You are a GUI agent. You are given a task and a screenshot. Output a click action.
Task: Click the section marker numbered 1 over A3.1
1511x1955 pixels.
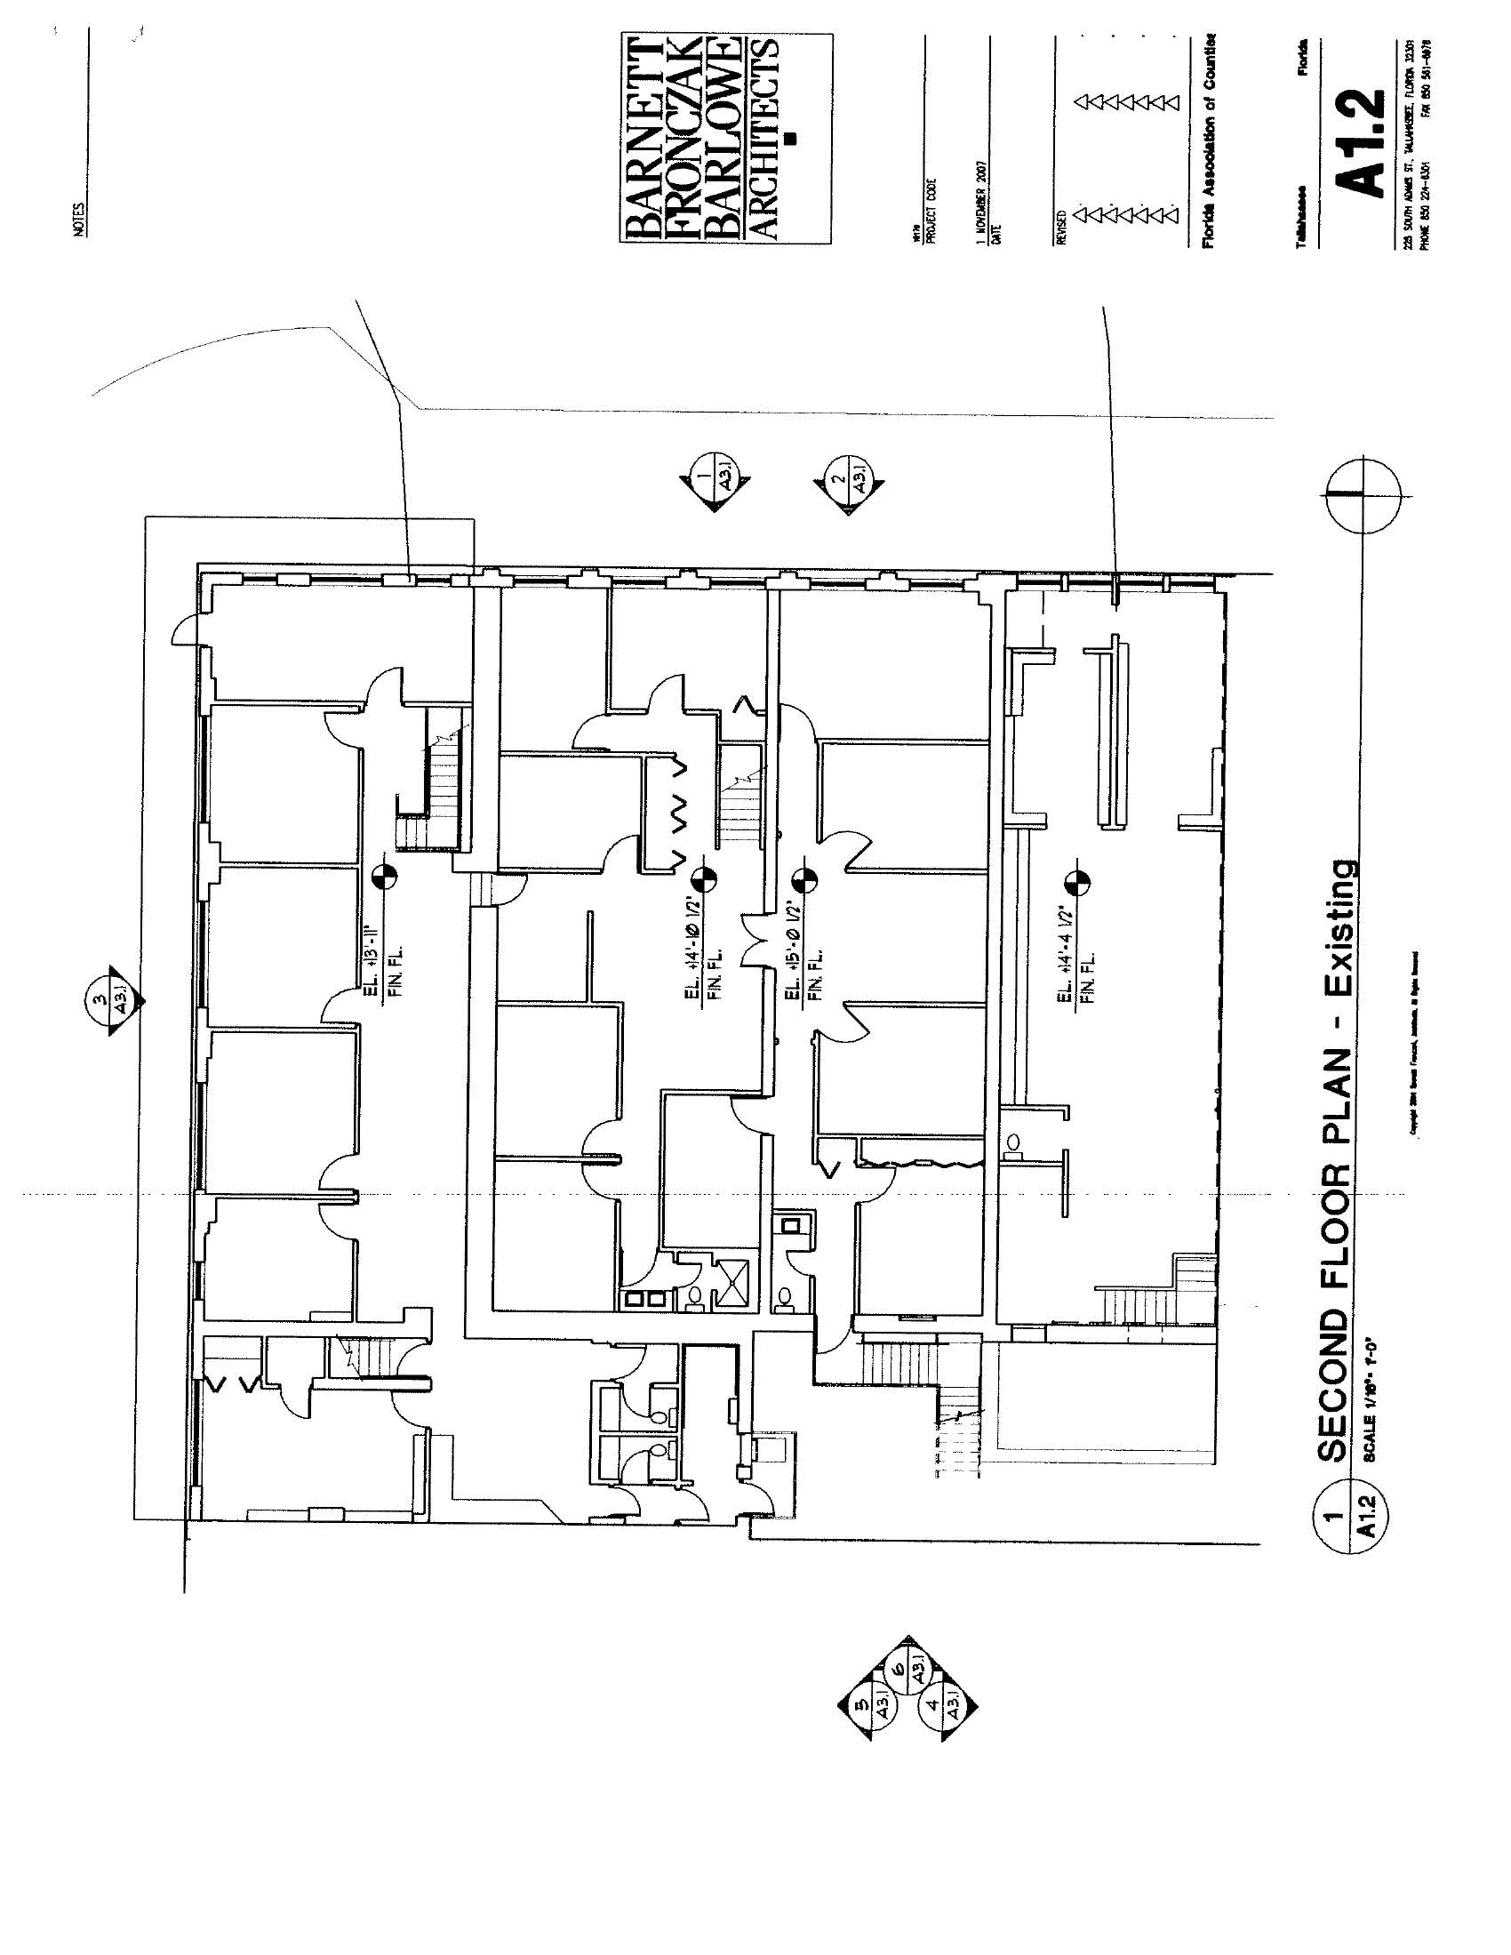pyautogui.click(x=714, y=480)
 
